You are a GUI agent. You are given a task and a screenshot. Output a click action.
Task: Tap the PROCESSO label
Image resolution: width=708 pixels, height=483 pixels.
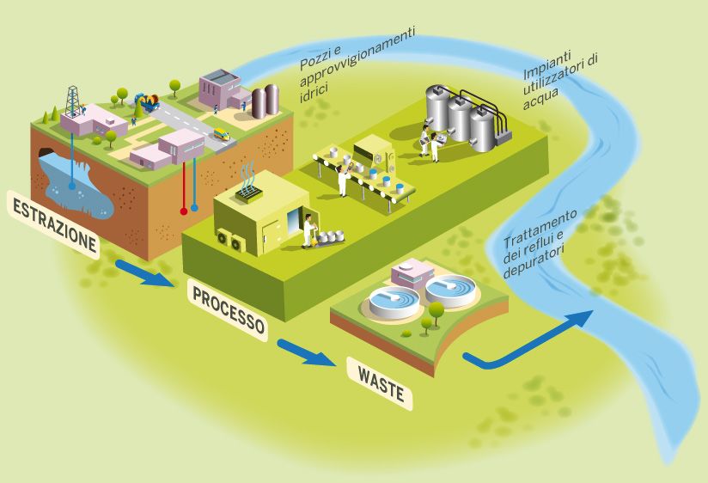(x=228, y=310)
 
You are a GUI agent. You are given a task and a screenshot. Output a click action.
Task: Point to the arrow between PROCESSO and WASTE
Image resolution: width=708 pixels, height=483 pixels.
(x=306, y=352)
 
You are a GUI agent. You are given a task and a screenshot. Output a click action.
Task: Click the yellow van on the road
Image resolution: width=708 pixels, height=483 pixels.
(x=222, y=134)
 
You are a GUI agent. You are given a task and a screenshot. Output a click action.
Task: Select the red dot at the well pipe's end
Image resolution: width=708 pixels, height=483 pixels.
(x=182, y=210)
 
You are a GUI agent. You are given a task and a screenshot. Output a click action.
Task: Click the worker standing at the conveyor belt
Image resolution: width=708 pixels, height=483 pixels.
(x=343, y=180)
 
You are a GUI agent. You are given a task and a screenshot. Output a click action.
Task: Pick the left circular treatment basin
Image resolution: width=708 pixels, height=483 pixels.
(x=394, y=301)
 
